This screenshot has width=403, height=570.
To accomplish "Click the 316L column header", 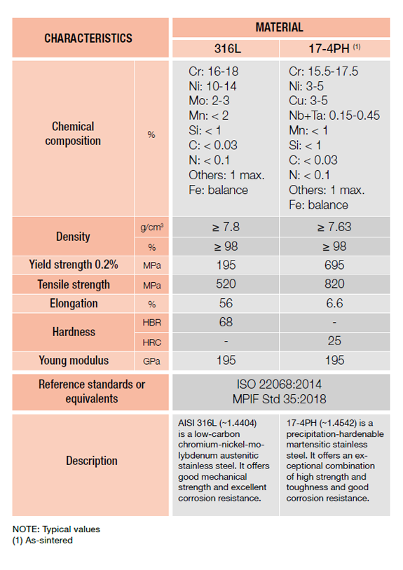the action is pyautogui.click(x=227, y=48).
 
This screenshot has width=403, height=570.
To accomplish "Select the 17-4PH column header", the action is pyautogui.click(x=334, y=48).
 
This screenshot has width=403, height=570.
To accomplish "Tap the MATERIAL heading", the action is pyautogui.click(x=280, y=27).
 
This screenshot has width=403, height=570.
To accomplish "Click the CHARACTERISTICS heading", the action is pyautogui.click(x=88, y=39).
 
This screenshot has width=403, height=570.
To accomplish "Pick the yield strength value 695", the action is pyautogui.click(x=334, y=265).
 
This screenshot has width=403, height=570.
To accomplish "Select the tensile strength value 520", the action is pyautogui.click(x=226, y=284).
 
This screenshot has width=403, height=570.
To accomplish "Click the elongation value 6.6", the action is pyautogui.click(x=334, y=303).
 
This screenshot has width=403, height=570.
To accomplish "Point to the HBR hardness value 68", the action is pyautogui.click(x=226, y=322).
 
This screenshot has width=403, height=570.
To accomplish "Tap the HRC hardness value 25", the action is pyautogui.click(x=334, y=341).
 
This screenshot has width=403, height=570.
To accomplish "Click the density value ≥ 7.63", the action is pyautogui.click(x=334, y=227).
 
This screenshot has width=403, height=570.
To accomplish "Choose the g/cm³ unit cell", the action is pyautogui.click(x=151, y=227).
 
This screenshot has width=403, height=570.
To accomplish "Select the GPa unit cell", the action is pyautogui.click(x=151, y=361).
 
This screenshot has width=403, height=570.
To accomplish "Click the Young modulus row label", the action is pyautogui.click(x=74, y=360).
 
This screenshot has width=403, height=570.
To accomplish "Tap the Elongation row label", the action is pyautogui.click(x=74, y=303).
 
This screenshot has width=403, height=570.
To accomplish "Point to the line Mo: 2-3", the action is pyautogui.click(x=209, y=101).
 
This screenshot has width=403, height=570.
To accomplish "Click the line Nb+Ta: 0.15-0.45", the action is pyautogui.click(x=334, y=116).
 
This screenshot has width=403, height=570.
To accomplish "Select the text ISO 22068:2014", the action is pyautogui.click(x=280, y=384).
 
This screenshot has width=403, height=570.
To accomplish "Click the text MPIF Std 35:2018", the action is pyautogui.click(x=280, y=399).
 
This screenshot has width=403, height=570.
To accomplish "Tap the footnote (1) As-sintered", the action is pyautogui.click(x=43, y=541).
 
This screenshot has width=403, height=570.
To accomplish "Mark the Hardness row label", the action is pyautogui.click(x=74, y=332).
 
